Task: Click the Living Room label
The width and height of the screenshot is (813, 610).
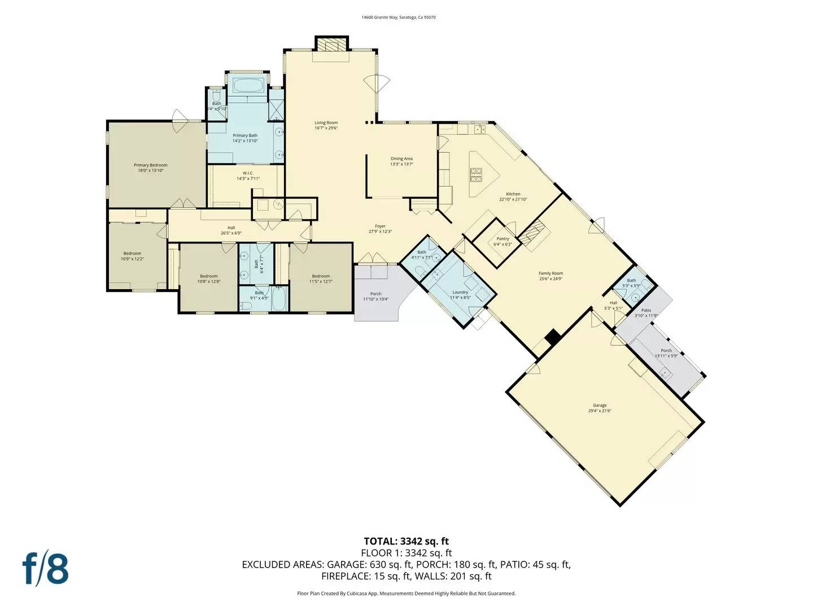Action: (326, 123)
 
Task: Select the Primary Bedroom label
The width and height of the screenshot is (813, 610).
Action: (150, 165)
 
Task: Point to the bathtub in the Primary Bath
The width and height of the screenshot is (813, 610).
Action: (248, 86)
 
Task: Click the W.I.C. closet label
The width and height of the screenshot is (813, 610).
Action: (248, 173)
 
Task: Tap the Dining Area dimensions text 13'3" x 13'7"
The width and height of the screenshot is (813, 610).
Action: (401, 164)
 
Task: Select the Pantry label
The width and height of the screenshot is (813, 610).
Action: (502, 239)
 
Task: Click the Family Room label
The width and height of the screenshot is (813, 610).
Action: (550, 273)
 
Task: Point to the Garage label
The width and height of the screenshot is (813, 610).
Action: (600, 405)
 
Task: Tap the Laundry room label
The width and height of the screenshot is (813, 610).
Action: (460, 292)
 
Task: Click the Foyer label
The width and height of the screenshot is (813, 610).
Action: (380, 226)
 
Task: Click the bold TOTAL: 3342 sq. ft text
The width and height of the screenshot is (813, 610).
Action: (406, 541)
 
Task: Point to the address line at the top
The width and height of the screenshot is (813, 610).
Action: (399, 18)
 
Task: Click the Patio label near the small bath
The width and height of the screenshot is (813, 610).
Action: (646, 310)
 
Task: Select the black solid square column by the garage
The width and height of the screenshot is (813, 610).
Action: (553, 337)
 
